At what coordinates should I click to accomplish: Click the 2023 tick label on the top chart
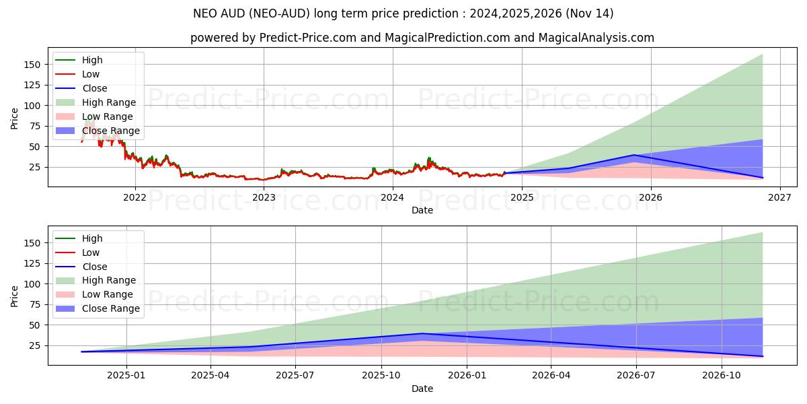tap(264, 197)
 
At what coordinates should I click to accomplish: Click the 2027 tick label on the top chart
tap(779, 197)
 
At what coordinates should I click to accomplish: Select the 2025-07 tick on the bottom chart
tap(296, 375)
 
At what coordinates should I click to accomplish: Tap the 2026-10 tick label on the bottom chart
tap(722, 375)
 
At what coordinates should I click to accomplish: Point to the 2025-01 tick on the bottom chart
tap(126, 375)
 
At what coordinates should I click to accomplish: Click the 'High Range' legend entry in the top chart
tap(108, 102)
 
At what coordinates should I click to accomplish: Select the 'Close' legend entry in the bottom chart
tap(94, 267)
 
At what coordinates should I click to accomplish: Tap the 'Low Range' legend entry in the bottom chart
tap(107, 294)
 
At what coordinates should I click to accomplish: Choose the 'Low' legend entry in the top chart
tap(90, 74)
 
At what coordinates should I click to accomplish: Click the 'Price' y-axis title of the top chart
tap(15, 118)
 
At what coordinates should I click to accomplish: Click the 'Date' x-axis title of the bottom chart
tap(422, 389)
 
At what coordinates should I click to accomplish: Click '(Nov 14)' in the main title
tap(591, 13)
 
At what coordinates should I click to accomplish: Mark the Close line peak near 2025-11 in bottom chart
tap(422, 333)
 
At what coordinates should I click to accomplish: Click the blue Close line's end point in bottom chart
tap(763, 356)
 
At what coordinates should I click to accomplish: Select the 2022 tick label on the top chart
tap(135, 197)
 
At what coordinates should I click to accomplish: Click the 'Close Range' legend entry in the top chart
tap(110, 131)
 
